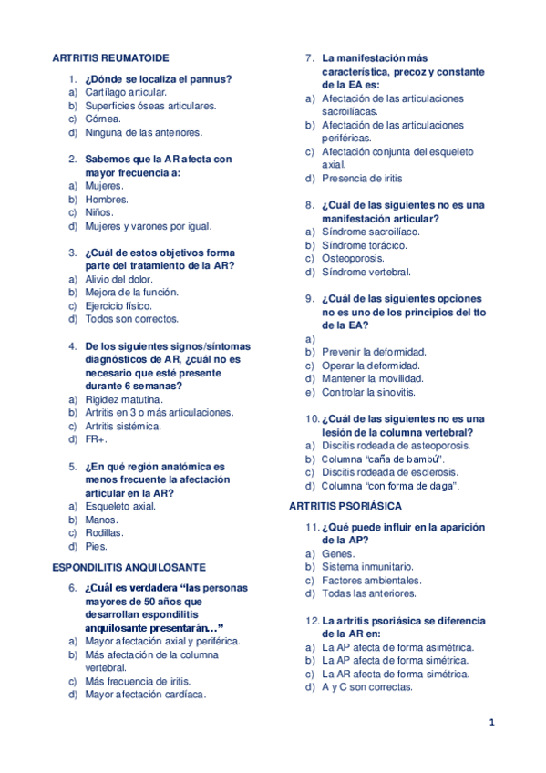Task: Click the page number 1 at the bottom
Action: (x=491, y=724)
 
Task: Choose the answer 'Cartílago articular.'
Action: (x=126, y=92)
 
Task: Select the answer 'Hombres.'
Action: (x=107, y=199)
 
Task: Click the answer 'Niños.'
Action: (x=99, y=212)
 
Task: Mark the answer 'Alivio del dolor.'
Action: (x=118, y=279)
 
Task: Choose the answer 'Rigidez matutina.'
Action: (x=124, y=399)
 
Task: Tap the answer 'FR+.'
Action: (x=96, y=439)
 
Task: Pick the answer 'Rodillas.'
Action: (x=105, y=532)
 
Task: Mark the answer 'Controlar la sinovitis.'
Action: (x=367, y=392)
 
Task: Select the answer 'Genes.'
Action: (x=338, y=553)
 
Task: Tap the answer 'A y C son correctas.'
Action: (x=367, y=687)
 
